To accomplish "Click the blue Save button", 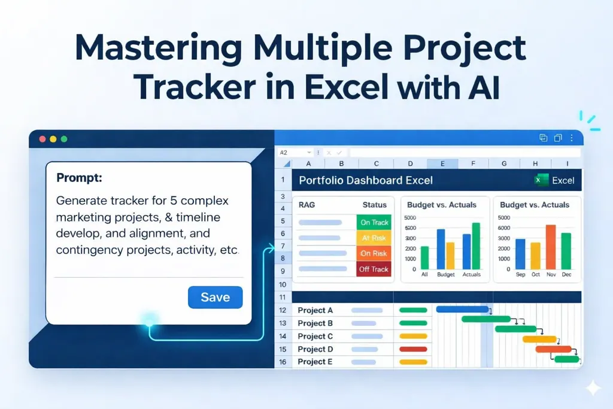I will coord(215,297).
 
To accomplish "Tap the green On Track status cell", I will coord(374,222).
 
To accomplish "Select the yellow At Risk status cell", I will coord(374,238).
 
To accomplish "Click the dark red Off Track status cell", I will coord(374,269).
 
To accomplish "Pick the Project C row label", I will coord(315,336).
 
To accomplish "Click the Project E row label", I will coord(315,362).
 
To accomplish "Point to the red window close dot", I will coord(42,139).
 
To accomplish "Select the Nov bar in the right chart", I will coord(551,246).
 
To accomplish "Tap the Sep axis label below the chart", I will coord(520,274).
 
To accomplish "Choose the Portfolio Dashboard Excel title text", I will coord(365,180).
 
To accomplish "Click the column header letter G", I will coord(504,163).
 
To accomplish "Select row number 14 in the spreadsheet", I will coord(283,336).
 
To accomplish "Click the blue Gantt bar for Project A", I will coord(462,309).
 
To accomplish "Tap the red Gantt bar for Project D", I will coord(553,349).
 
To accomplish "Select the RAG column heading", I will coord(306,205).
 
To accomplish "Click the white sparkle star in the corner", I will coord(593,388).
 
